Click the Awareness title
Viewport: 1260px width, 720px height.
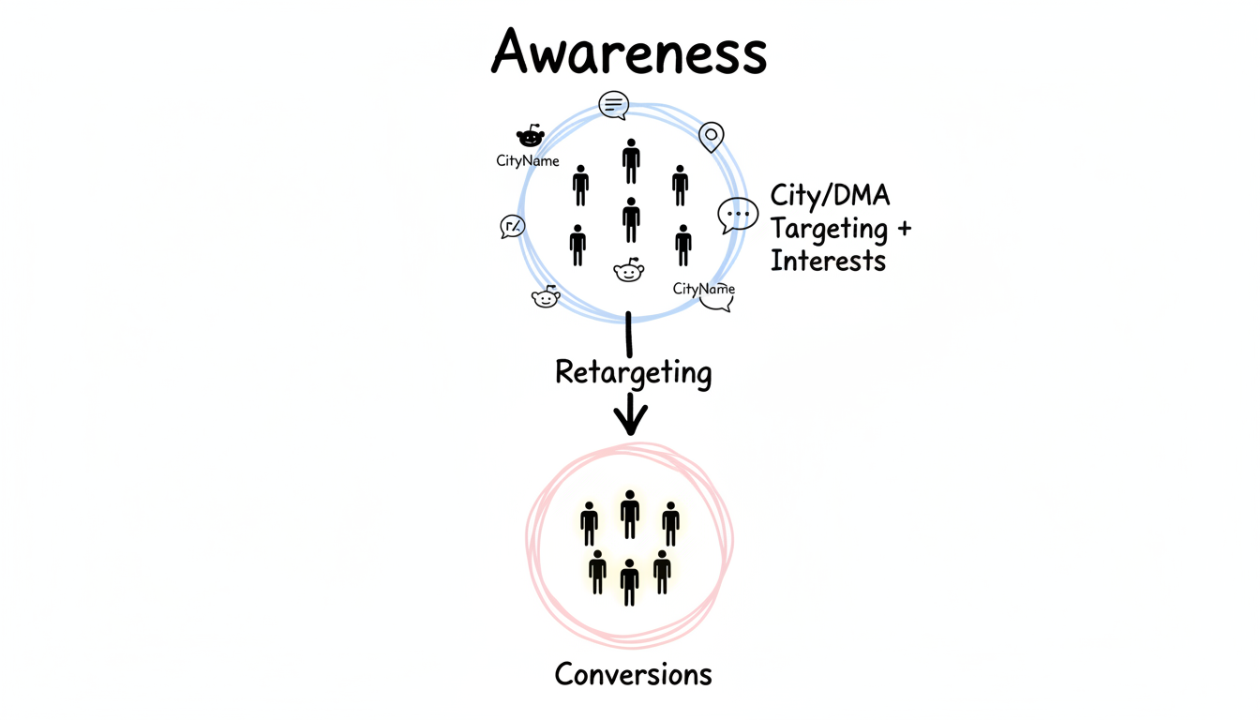click(629, 52)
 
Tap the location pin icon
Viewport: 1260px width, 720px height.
click(712, 137)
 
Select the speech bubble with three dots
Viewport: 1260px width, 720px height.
click(738, 215)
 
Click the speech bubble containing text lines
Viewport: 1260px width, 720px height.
click(614, 105)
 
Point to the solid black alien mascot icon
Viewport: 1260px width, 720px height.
click(531, 137)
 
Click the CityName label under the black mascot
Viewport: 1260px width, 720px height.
click(528, 161)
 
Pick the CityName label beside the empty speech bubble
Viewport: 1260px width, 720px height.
click(703, 289)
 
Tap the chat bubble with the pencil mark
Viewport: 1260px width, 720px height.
click(513, 226)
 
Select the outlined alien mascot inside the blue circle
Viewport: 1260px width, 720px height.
click(628, 271)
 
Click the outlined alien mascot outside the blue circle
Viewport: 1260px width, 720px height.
click(546, 297)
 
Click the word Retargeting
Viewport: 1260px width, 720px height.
click(633, 373)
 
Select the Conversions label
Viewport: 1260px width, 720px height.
click(633, 673)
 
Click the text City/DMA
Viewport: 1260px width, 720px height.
click(830, 196)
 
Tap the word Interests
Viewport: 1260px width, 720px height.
click(828, 261)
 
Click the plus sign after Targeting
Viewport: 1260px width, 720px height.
click(902, 228)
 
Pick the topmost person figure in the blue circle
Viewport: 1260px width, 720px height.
click(631, 161)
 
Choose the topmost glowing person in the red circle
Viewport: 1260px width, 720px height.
click(630, 514)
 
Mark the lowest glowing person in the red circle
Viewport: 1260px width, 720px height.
click(630, 582)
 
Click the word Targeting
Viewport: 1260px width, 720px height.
click(829, 229)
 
